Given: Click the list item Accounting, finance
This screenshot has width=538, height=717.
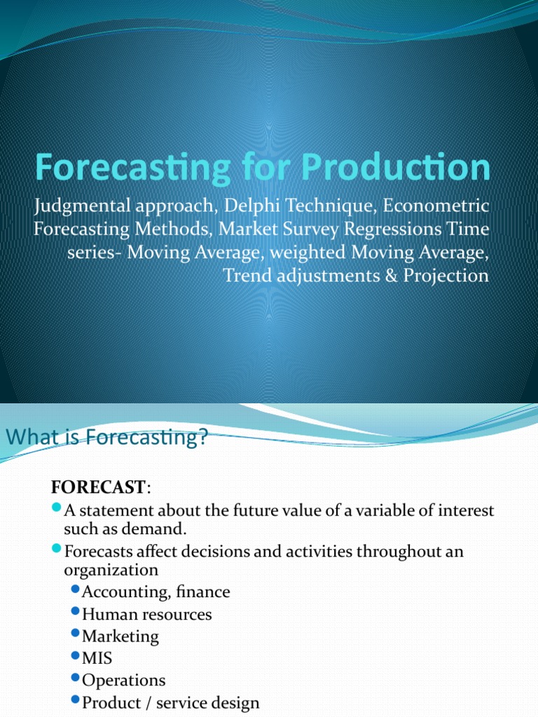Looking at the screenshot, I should [156, 592].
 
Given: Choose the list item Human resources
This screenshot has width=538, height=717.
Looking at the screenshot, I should [147, 614].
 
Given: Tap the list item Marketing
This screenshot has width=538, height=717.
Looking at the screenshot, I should [120, 636].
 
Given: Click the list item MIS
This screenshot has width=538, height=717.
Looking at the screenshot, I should [97, 658].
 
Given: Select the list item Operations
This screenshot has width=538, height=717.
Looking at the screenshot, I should [124, 680].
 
